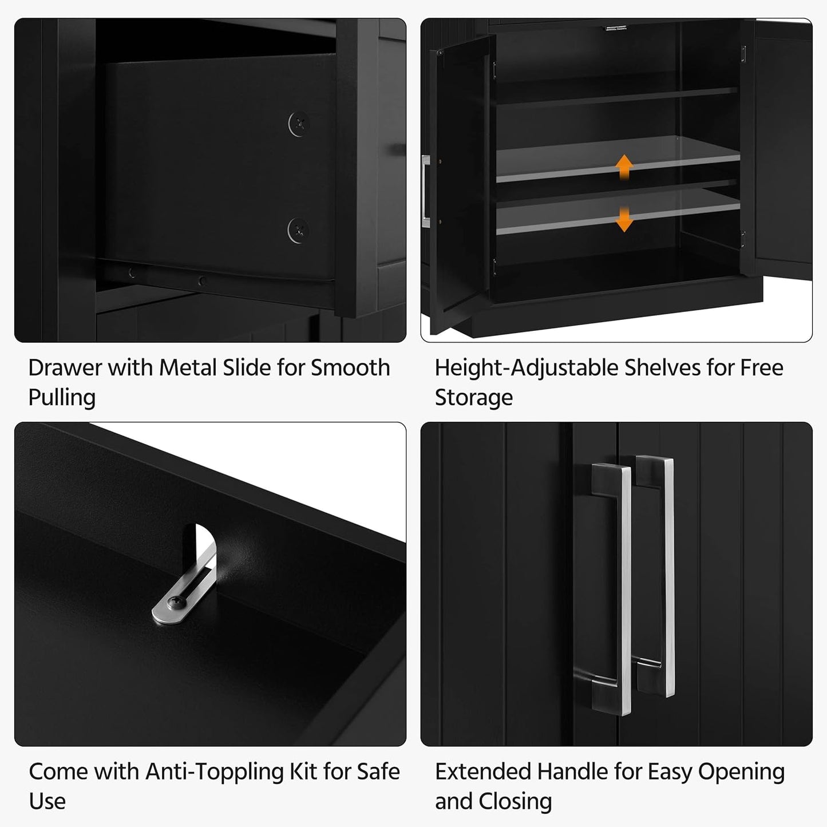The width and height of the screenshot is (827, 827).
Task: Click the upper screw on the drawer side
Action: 298,124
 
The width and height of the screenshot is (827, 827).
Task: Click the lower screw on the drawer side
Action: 298,230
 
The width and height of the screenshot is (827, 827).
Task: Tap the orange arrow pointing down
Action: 624,220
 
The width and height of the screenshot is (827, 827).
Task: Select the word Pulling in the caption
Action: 62,398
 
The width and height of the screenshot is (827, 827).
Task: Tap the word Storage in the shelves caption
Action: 473,398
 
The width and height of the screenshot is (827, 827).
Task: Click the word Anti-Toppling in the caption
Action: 215,772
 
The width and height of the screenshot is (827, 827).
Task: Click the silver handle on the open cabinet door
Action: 425,187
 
